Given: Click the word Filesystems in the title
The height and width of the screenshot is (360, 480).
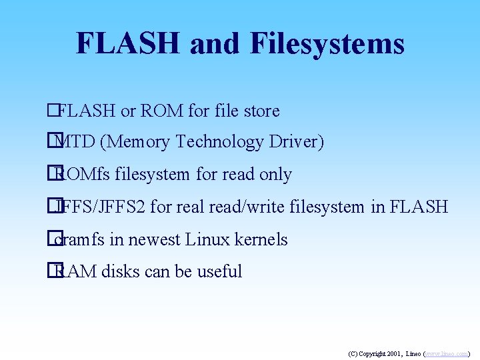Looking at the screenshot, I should (x=327, y=44).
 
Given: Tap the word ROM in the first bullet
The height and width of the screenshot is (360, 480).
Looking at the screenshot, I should (x=161, y=111).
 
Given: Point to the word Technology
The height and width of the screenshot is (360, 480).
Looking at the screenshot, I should (x=217, y=142).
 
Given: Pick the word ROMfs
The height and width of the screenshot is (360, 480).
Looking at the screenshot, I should (x=83, y=175).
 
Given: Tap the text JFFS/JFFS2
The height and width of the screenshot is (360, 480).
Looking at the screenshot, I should (x=101, y=207).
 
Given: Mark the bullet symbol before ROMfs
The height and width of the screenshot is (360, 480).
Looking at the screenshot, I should (x=51, y=175).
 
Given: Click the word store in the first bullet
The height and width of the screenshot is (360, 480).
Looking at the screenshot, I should (x=261, y=111).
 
